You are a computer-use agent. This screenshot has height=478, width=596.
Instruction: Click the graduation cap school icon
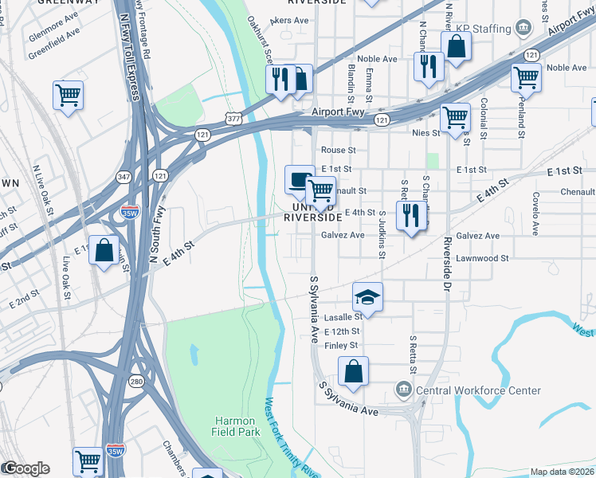[367, 297]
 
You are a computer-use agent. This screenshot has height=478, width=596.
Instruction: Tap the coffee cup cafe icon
[300, 179]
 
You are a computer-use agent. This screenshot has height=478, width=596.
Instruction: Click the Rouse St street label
[338, 150]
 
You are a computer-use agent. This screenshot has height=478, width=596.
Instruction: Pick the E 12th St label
[343, 331]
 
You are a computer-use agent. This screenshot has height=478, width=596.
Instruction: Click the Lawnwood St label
[482, 258]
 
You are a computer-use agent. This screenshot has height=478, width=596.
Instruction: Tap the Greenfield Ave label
[55, 34]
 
